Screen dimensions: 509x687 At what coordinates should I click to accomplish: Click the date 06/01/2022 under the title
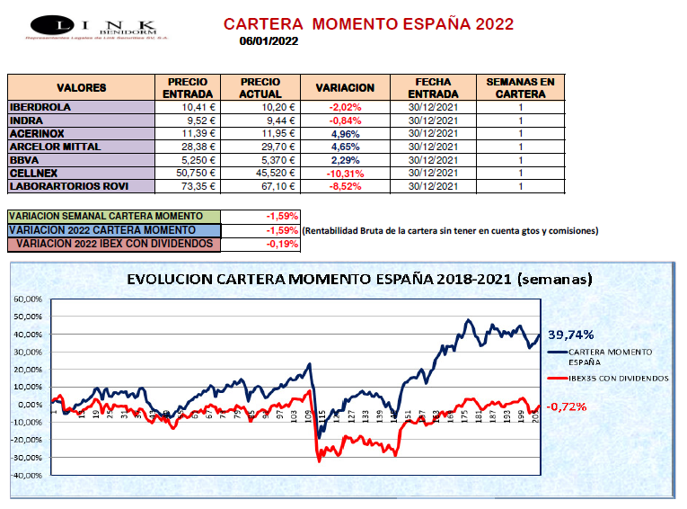[x=269, y=40]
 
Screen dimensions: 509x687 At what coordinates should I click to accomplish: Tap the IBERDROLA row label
[x=40, y=107]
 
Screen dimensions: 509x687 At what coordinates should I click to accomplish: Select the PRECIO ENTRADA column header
[x=188, y=87]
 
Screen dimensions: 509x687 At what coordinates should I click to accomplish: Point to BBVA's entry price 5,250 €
[x=195, y=159]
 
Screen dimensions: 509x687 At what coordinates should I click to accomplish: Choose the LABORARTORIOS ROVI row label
[x=68, y=186]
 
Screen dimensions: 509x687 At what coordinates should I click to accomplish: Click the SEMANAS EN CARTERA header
[x=520, y=87]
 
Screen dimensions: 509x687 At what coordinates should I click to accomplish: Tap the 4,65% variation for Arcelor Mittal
[x=346, y=147]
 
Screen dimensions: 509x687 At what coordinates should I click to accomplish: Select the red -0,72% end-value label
[x=566, y=406]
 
